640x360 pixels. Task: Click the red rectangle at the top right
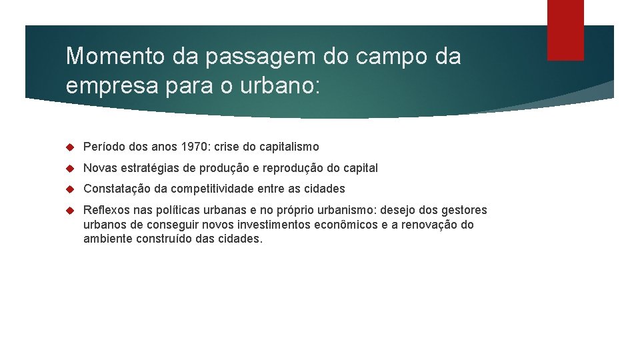click(x=565, y=30)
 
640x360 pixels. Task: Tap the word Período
click(x=104, y=147)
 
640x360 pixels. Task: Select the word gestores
click(x=464, y=211)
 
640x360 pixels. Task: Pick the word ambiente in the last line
click(x=106, y=239)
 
